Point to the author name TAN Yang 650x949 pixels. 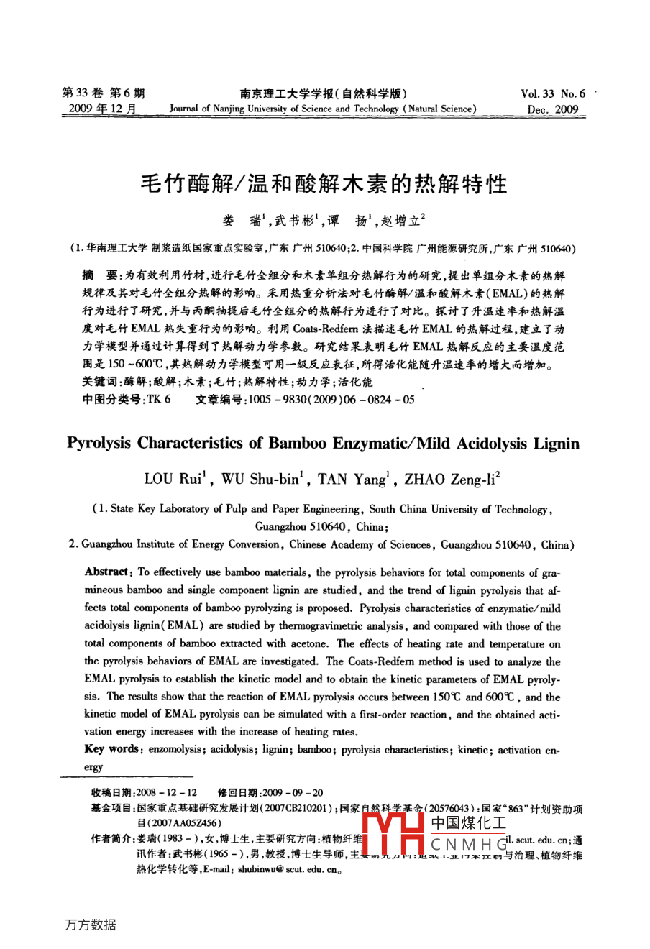(x=352, y=480)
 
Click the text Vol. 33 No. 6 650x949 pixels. (x=552, y=93)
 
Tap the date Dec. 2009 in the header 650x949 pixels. (x=552, y=110)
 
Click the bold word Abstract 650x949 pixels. (x=106, y=572)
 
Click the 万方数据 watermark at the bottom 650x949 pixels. (x=90, y=925)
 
